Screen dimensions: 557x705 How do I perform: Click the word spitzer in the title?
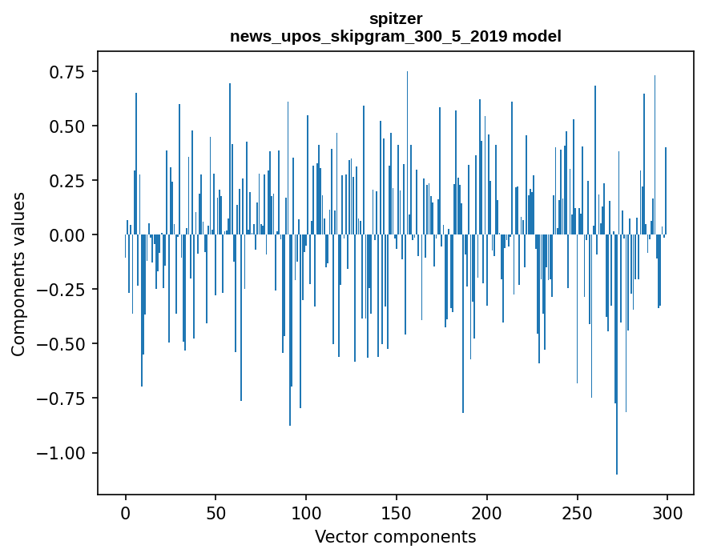click(x=395, y=18)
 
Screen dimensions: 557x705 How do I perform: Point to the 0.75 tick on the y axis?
click(x=67, y=72)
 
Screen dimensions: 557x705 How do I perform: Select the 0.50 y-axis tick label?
click(x=67, y=126)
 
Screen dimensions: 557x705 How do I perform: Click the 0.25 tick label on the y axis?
click(x=67, y=181)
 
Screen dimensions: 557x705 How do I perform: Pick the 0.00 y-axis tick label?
click(x=67, y=235)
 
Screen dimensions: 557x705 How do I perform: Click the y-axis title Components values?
click(x=18, y=274)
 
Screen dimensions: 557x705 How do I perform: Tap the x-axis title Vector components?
click(x=395, y=537)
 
